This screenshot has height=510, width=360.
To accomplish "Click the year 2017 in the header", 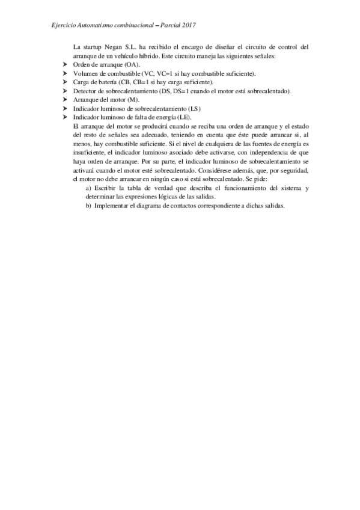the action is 189,26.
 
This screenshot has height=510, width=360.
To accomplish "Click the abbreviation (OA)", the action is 132,64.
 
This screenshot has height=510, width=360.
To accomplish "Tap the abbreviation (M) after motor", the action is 135,100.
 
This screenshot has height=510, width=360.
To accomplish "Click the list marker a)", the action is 89,188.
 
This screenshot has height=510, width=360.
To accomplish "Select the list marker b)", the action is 89,206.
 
